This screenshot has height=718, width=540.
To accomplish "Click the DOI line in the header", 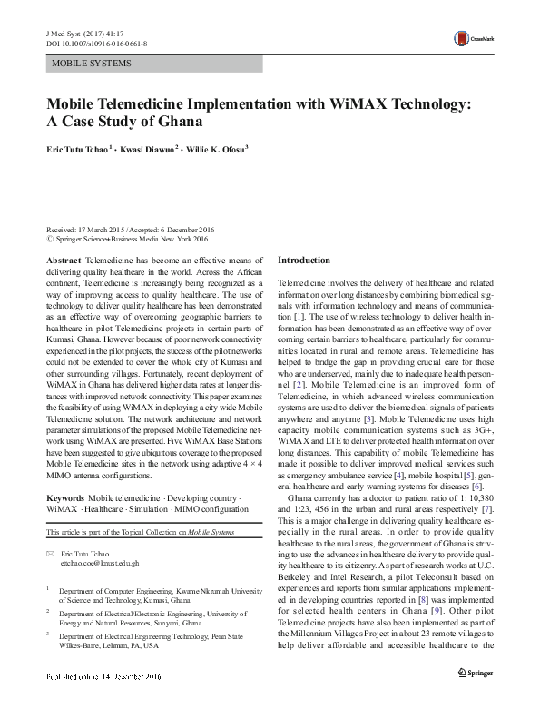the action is coord(91,42).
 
